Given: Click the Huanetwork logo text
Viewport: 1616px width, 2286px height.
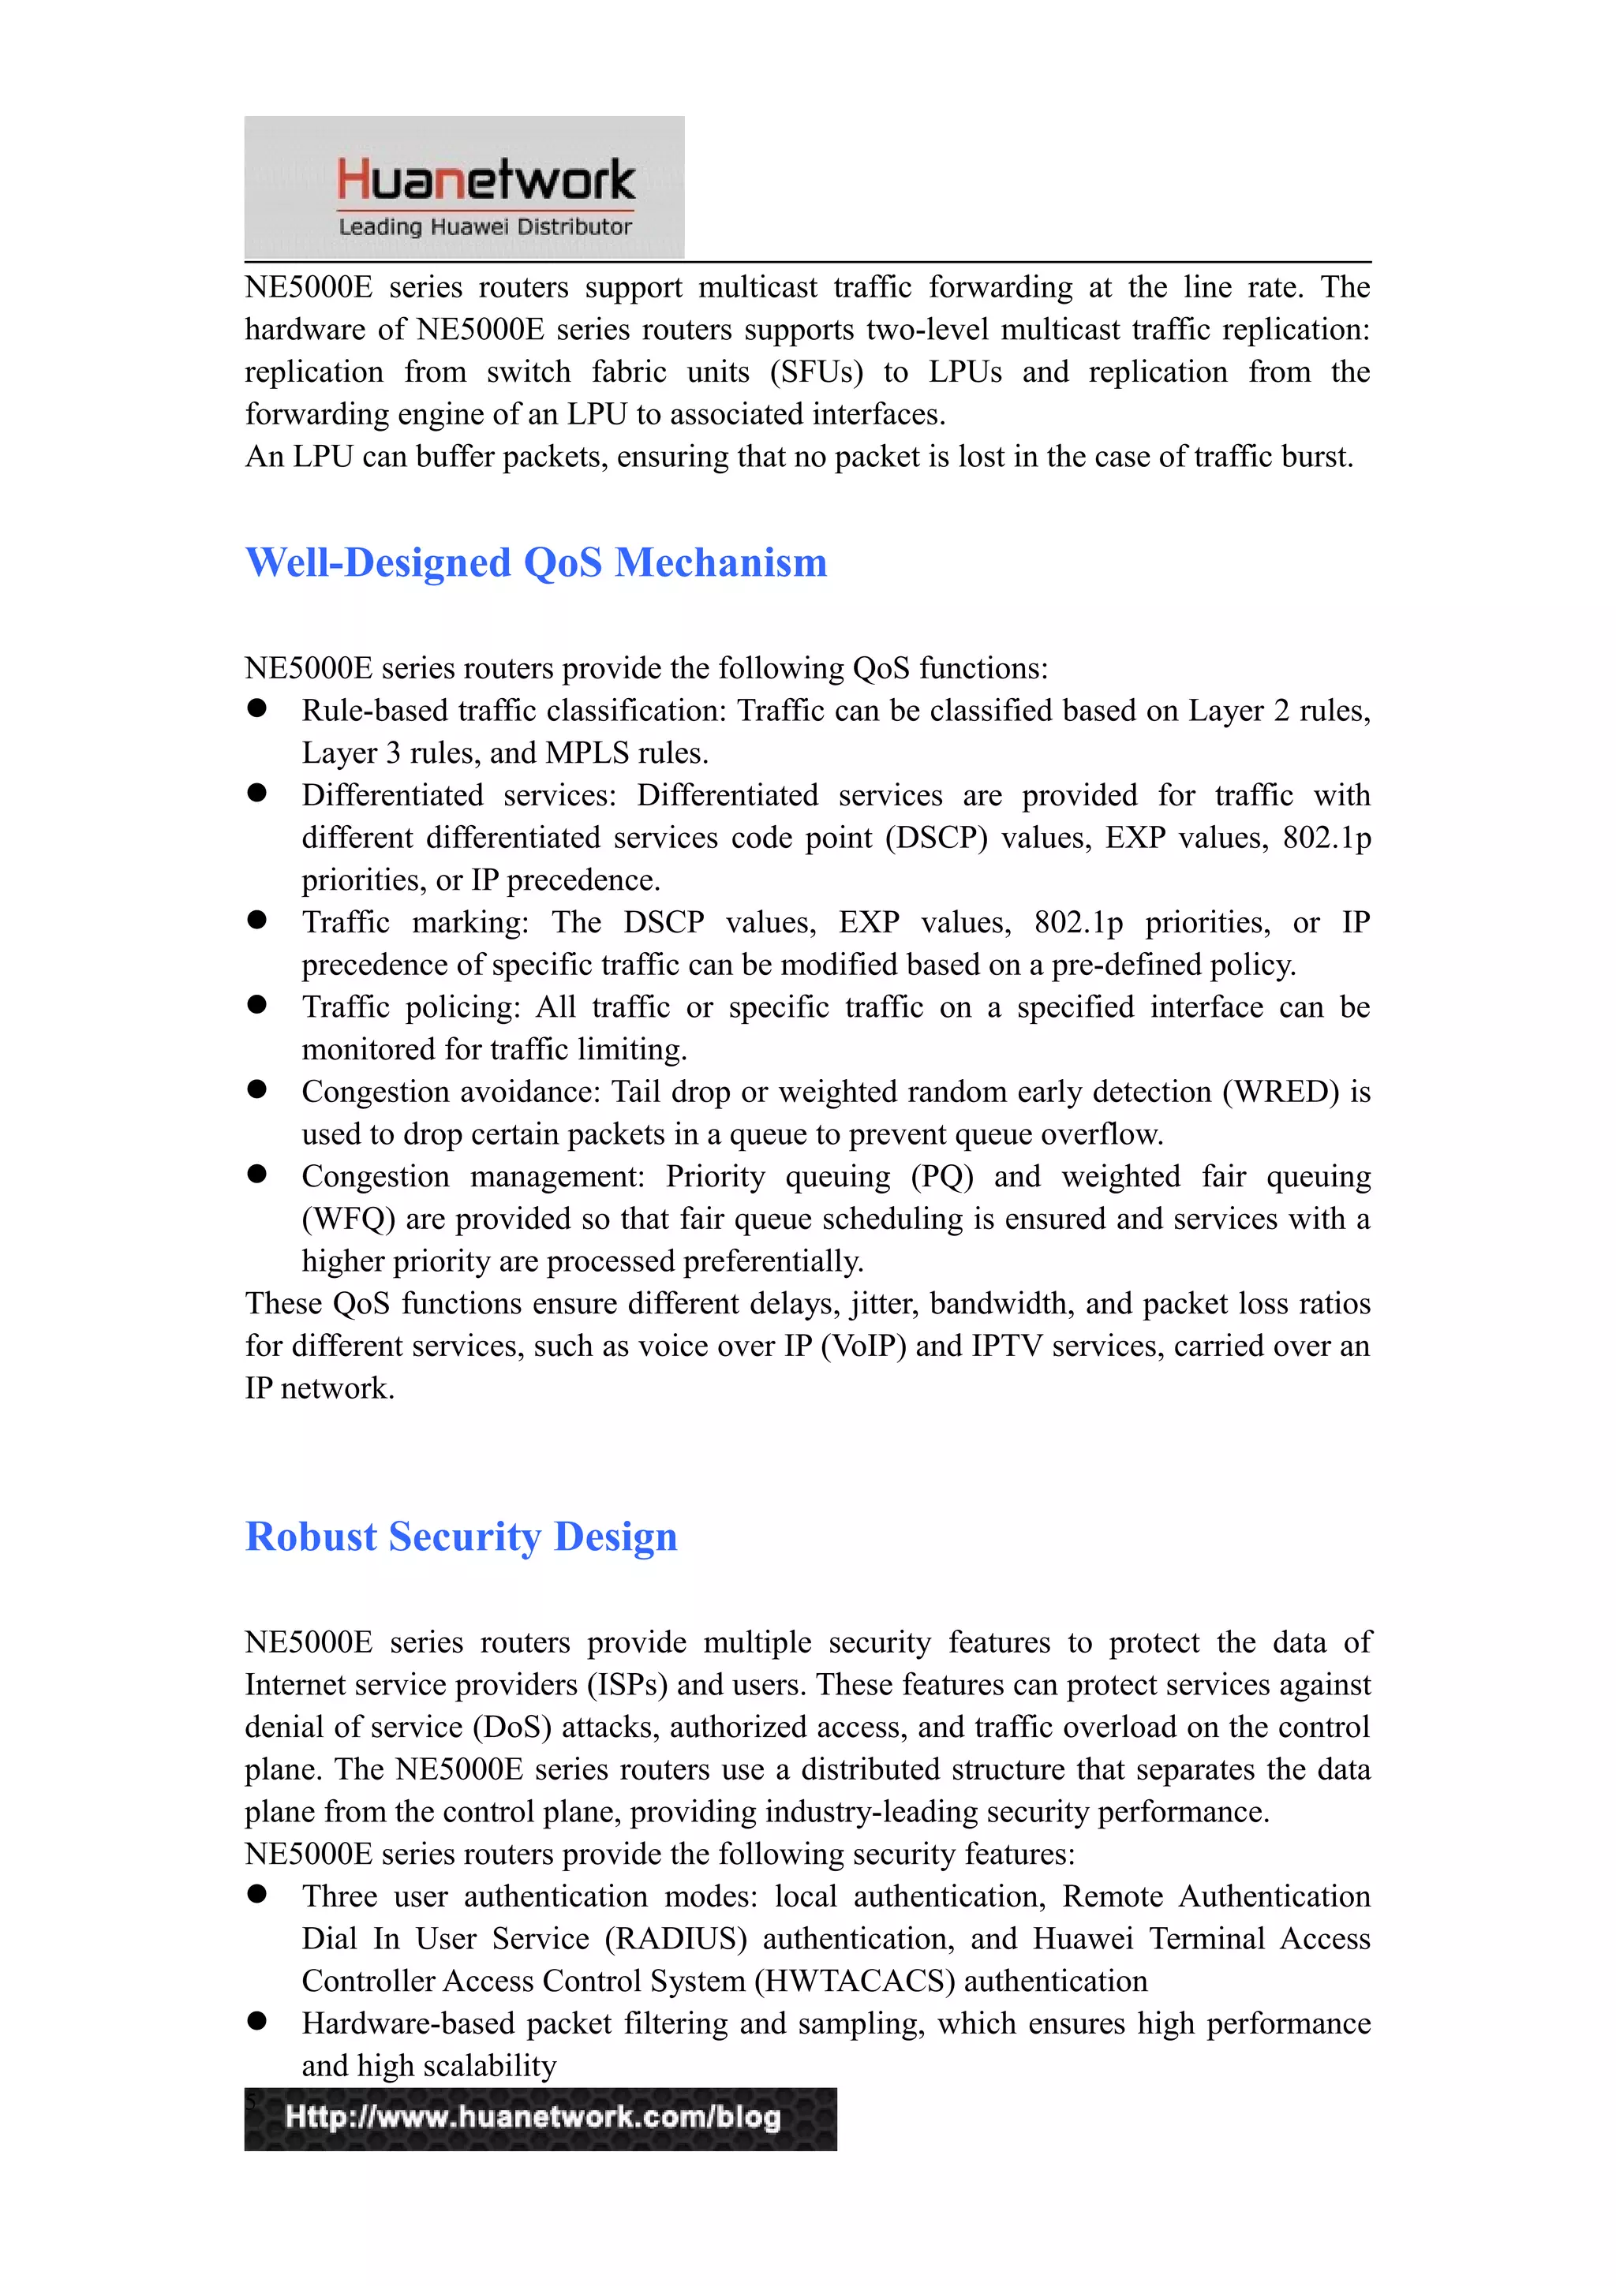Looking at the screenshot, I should (485, 179).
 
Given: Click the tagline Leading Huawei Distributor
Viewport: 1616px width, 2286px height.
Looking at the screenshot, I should (485, 227).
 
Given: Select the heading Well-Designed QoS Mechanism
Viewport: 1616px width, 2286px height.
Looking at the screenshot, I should (536, 562).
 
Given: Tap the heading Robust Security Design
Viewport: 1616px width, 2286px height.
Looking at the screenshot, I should (461, 1537).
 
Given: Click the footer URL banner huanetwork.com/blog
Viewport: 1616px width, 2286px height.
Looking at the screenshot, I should (540, 2118).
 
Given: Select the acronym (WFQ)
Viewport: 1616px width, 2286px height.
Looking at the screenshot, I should (349, 1220).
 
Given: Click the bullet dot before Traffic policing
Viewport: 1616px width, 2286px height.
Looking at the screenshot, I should (257, 1005).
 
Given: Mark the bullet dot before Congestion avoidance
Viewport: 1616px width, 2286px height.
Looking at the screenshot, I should (257, 1089).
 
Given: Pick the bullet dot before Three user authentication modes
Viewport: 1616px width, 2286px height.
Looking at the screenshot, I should (257, 1894).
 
